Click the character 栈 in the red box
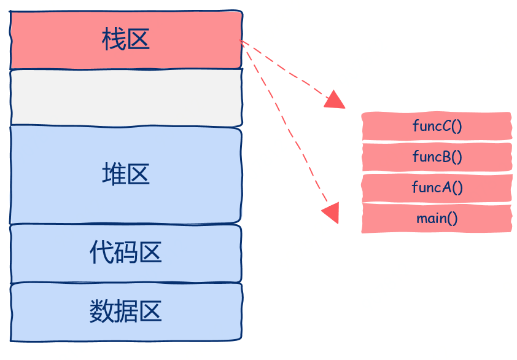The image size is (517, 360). point(114,41)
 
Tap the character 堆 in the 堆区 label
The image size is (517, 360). point(114,175)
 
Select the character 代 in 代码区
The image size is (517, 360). point(101,252)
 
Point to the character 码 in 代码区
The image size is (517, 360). point(126,252)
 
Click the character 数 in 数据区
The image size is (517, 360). point(101,312)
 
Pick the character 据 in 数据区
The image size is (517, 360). point(126,312)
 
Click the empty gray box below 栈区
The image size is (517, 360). point(126,97)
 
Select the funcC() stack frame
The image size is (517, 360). point(437,126)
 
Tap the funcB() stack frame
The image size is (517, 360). point(437,157)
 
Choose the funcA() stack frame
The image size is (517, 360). point(437,187)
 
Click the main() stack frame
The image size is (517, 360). point(437,218)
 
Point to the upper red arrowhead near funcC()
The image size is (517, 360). point(335,100)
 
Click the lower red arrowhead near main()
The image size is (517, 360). point(331,213)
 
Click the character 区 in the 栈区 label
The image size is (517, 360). point(138,41)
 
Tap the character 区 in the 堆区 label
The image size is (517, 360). point(138,175)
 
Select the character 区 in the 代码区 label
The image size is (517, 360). point(150,252)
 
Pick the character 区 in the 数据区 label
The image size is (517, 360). point(150,312)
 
